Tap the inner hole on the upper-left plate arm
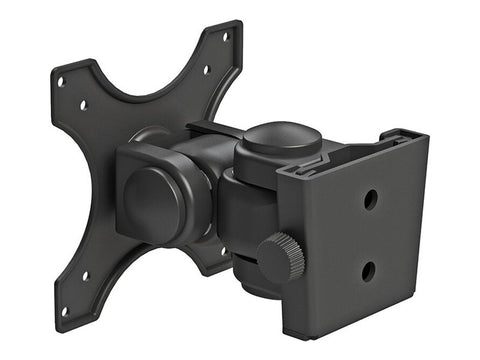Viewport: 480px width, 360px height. click(x=83, y=104)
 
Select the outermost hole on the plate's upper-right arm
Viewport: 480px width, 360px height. click(x=225, y=37)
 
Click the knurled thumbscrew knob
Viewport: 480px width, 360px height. click(x=282, y=257)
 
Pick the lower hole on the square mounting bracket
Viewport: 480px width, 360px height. click(x=369, y=270)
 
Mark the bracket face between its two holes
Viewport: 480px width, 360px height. click(x=370, y=235)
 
